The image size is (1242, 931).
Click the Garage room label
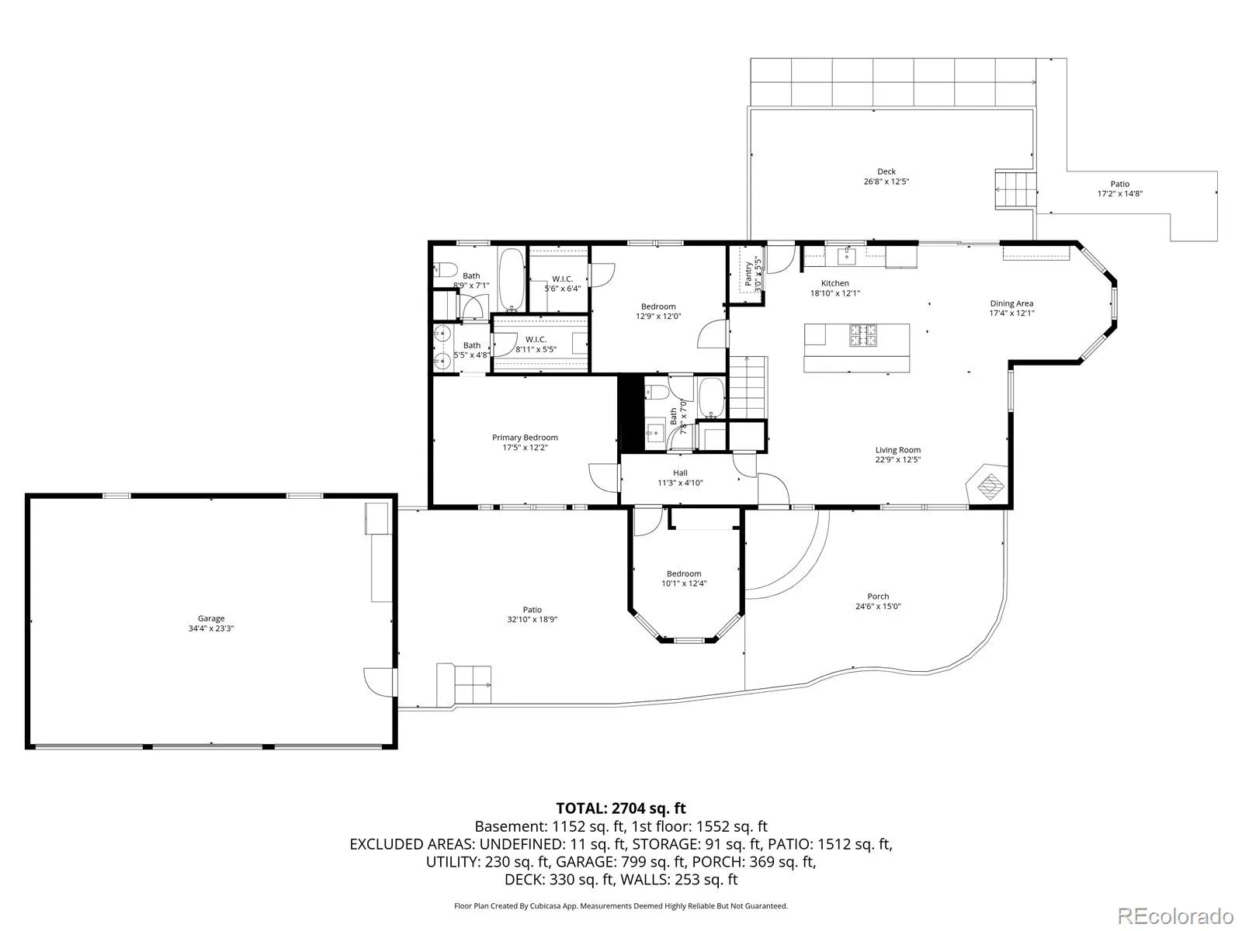coord(211,618)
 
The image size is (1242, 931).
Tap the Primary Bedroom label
coord(525,437)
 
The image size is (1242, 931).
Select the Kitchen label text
coord(834,283)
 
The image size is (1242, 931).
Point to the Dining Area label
coord(1011,303)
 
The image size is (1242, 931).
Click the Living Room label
coord(897,450)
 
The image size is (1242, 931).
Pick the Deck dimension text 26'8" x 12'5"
coord(886,182)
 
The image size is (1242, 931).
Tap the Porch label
coord(878,597)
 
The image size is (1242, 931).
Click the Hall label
coord(680,472)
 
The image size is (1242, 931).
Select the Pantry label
coord(748,274)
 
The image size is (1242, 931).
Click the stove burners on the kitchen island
coord(863,334)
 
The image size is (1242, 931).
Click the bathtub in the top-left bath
coord(512,279)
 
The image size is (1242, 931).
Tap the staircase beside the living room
coord(748,388)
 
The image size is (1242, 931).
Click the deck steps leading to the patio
coord(1015,190)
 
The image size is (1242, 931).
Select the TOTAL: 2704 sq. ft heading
coord(621,808)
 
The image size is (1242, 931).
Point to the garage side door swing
coord(379,682)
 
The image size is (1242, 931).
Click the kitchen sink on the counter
coord(847,256)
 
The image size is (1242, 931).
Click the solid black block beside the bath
coord(632,413)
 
